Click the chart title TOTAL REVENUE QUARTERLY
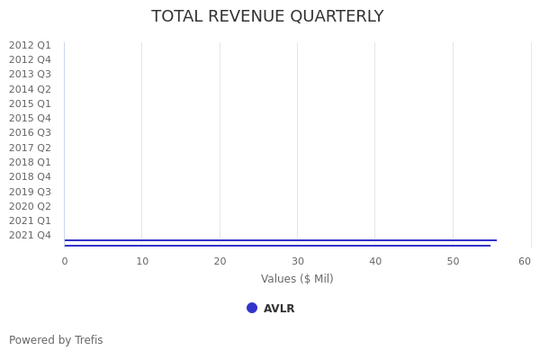point(267,16)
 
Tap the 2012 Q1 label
point(30,45)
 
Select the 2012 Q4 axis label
point(30,59)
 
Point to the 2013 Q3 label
point(30,74)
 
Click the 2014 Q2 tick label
point(30,89)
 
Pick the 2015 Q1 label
point(30,103)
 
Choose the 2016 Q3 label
point(30,132)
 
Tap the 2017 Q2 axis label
point(30,148)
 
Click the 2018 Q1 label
point(30,162)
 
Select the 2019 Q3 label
point(30,192)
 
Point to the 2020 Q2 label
point(30,206)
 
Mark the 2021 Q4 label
point(30,235)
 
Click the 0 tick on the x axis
point(64,261)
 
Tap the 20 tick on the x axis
point(220,261)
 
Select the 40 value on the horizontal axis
point(375,261)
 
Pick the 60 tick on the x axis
point(525,261)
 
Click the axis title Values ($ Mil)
point(297,279)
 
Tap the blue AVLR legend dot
point(252,308)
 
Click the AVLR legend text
point(279,309)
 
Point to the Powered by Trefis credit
point(56,340)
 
